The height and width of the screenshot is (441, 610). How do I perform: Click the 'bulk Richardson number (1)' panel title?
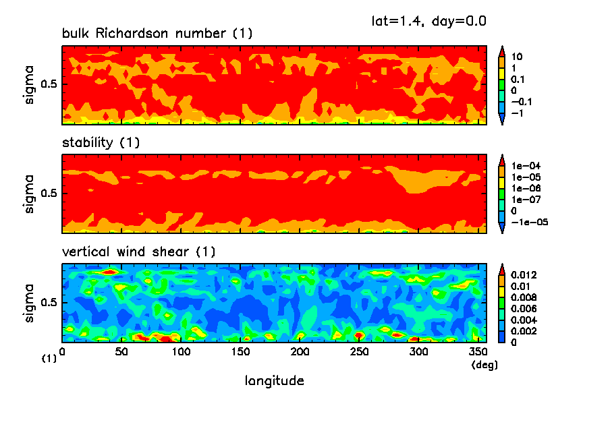[x=157, y=34]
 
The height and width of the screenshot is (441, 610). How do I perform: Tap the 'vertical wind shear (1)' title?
[x=138, y=252]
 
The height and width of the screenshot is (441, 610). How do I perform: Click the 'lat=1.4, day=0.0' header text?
[x=429, y=21]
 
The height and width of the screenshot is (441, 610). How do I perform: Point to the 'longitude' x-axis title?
[x=274, y=381]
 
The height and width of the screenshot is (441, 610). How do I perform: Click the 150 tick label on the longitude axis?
[x=181, y=352]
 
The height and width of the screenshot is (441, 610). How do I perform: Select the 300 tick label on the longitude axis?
[x=419, y=352]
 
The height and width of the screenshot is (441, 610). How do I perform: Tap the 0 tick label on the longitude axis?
[x=62, y=352]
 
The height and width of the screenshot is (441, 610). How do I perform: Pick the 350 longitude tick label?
[x=478, y=352]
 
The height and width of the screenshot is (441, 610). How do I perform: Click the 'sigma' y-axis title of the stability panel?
[x=29, y=194]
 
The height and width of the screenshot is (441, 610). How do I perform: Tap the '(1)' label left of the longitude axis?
[x=49, y=359]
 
